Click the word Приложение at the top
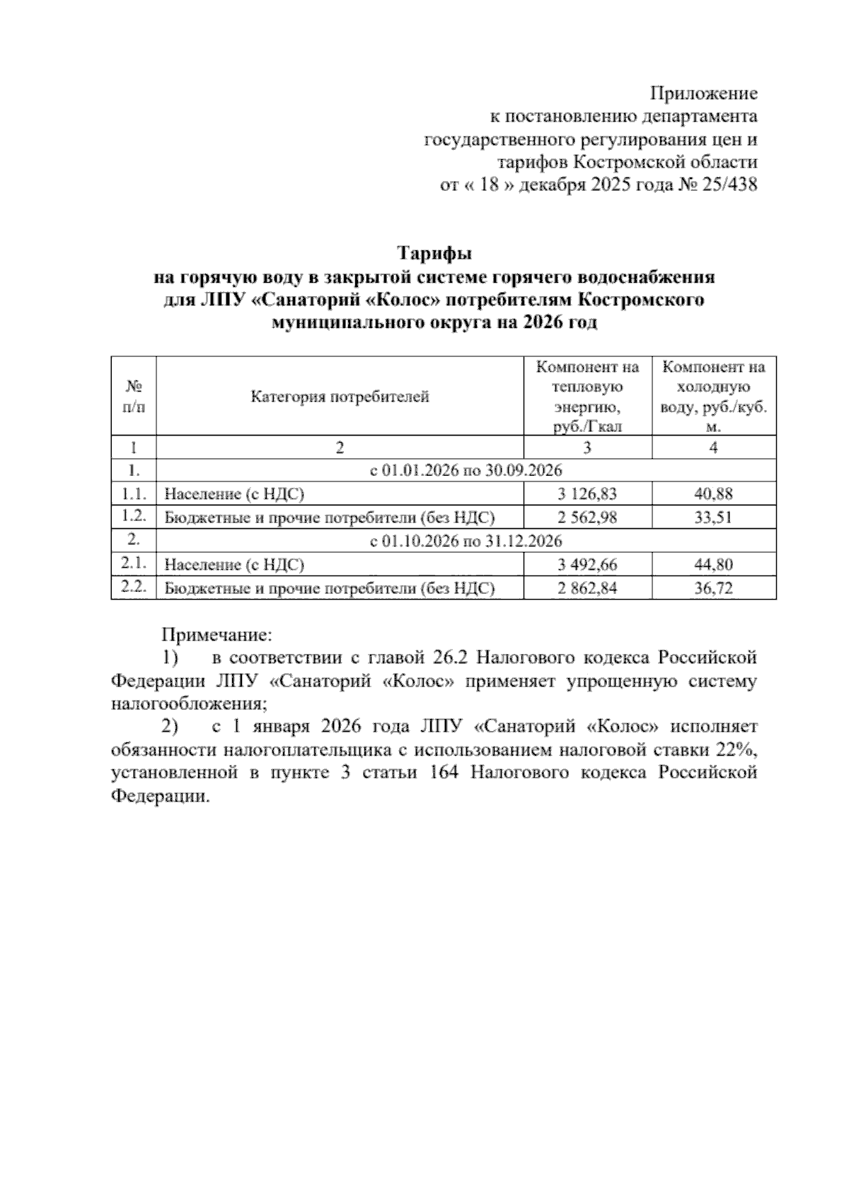(703, 93)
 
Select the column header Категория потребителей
(340, 397)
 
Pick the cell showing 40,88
(713, 493)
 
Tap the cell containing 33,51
(713, 517)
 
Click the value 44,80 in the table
(713, 564)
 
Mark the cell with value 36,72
(713, 588)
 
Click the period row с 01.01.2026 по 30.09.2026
(466, 471)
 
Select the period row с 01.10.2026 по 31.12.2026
(466, 542)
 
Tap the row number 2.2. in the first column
(133, 587)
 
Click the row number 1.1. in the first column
(133, 493)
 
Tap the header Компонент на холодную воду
(713, 397)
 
